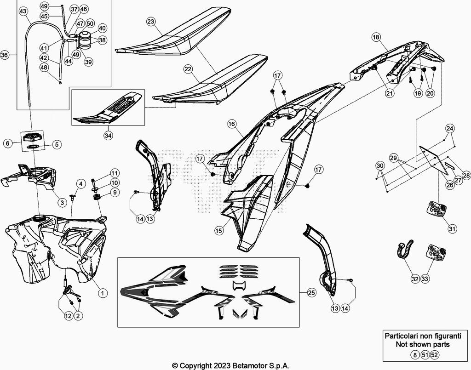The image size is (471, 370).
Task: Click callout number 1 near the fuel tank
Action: point(102,291)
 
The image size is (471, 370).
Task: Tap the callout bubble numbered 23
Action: point(151,22)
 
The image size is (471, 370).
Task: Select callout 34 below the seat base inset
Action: point(108,136)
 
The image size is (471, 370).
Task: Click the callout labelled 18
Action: point(376,37)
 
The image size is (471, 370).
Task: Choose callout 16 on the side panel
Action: point(231,124)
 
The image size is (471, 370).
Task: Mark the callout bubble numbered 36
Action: point(5,55)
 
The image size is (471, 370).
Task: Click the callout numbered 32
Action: point(415,278)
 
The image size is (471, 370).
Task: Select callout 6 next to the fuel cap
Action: point(7,143)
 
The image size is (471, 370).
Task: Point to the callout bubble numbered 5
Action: point(57,144)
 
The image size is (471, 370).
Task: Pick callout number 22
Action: point(188,69)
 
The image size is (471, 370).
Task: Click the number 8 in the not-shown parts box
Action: point(415,354)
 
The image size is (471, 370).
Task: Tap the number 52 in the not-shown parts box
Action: point(435,354)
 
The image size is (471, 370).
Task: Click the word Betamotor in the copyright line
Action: point(242,366)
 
